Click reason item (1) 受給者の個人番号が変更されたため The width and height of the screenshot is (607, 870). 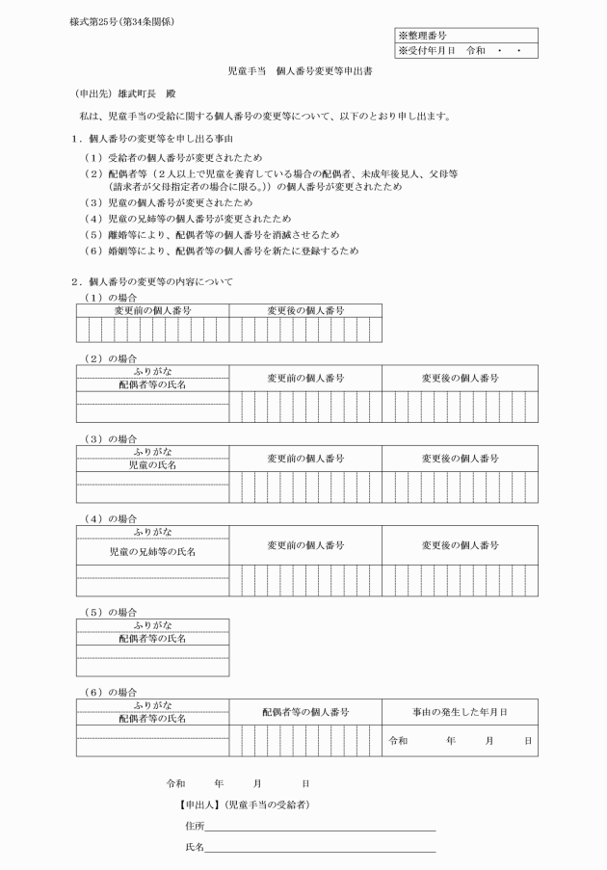point(180,157)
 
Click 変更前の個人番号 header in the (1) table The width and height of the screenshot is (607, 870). point(152,310)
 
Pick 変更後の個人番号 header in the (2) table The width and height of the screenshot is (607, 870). point(460,379)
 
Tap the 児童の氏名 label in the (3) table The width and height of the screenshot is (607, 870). point(152,463)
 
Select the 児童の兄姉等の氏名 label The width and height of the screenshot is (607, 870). point(152,552)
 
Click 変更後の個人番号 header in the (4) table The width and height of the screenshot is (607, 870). point(460,545)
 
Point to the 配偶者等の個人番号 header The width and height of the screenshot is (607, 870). point(305,712)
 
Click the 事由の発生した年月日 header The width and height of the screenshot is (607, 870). point(460,712)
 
